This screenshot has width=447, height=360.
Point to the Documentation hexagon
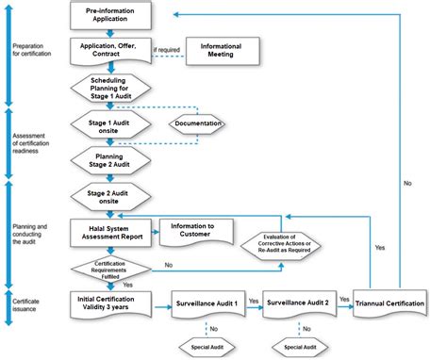pos(199,124)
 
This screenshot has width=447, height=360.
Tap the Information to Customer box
pos(197,231)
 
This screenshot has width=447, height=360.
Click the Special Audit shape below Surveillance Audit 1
pos(208,347)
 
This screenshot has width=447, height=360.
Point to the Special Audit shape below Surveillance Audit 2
pos(299,347)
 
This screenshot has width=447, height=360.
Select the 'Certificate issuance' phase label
pos(27,304)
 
